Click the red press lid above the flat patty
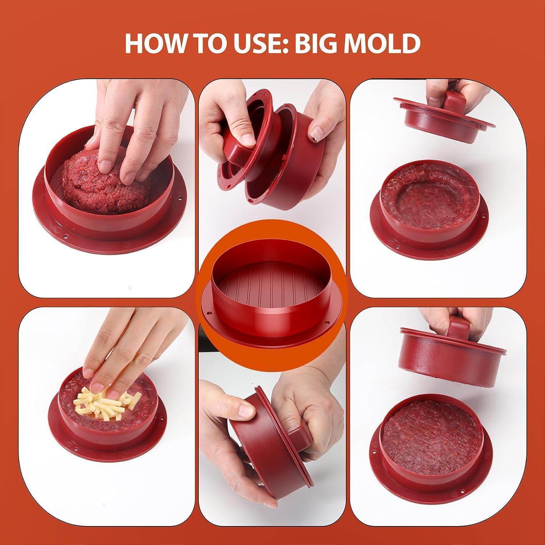coord(453,349)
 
